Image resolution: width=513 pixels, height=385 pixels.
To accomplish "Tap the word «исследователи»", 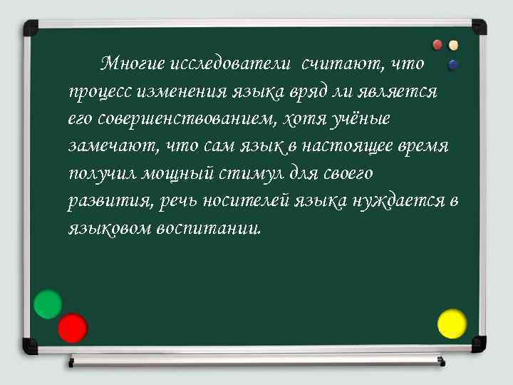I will (x=232, y=64).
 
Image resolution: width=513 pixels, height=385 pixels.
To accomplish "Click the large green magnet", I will (x=48, y=304).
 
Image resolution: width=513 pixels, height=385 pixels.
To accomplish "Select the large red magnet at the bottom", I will (x=72, y=328).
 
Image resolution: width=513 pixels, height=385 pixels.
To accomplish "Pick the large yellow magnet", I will (x=452, y=324).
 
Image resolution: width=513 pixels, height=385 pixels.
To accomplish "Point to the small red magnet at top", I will (x=437, y=44).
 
